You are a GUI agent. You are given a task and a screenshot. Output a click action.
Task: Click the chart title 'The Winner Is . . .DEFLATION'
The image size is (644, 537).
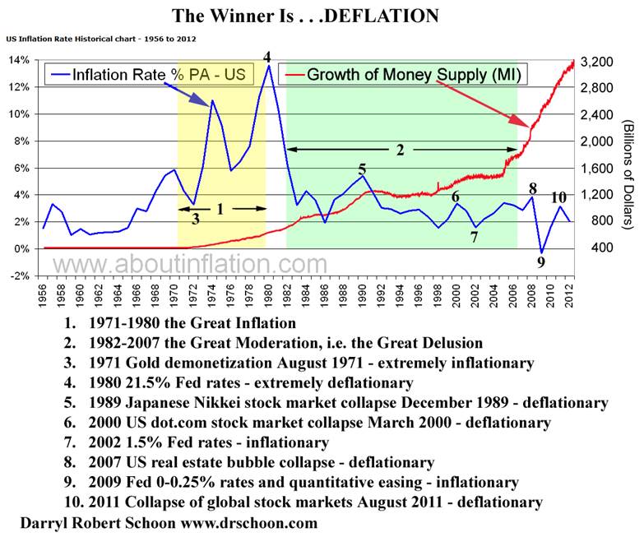click(304, 15)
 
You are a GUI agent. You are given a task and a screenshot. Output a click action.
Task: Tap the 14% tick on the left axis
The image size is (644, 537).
click(18, 60)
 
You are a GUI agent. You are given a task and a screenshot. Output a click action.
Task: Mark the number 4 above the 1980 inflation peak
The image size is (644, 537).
click(266, 57)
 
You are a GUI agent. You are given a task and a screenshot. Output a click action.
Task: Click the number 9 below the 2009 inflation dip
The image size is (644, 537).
click(540, 262)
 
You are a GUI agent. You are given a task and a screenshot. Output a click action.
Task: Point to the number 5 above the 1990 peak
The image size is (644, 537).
click(362, 169)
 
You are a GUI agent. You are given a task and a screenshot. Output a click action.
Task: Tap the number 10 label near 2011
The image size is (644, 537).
click(558, 197)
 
